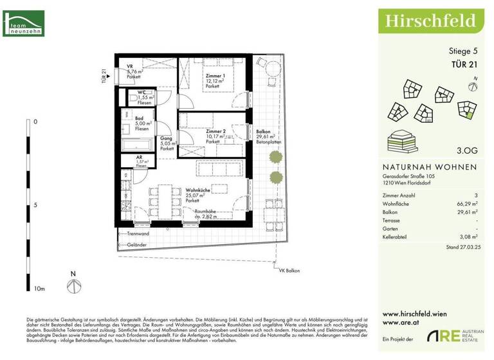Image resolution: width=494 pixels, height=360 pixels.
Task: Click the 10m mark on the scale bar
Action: pos(39,289)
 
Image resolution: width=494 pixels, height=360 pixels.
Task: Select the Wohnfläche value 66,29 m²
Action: pos(466,202)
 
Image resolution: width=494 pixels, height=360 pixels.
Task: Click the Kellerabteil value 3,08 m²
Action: pos(468,237)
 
